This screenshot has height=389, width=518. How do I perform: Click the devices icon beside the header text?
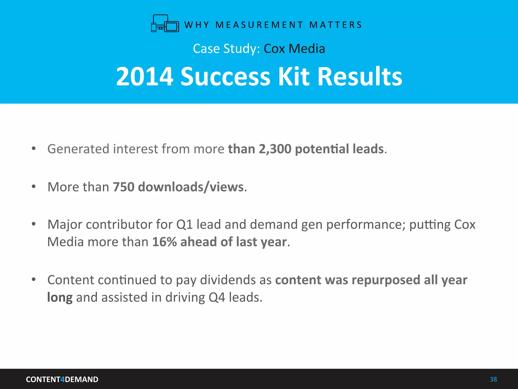(165, 24)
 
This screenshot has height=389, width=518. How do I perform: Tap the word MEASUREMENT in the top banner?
(259, 25)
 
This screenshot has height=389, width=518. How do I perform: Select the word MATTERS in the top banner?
(336, 25)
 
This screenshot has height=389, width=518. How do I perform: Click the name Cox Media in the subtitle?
(294, 49)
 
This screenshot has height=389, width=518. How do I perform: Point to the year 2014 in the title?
(145, 76)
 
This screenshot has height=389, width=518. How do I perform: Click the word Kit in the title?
(294, 76)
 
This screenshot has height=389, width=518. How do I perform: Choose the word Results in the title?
(359, 76)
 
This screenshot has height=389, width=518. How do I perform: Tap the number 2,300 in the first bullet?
(275, 149)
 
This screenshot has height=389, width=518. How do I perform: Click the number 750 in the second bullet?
(123, 187)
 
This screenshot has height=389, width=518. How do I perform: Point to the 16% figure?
(164, 242)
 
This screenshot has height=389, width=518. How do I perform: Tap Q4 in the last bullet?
(217, 297)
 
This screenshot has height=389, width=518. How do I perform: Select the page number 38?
(493, 379)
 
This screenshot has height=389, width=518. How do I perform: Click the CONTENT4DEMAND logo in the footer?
(62, 379)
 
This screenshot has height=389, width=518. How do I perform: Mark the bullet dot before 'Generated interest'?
(34, 149)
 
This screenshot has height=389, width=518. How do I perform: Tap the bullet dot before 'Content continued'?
(34, 280)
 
